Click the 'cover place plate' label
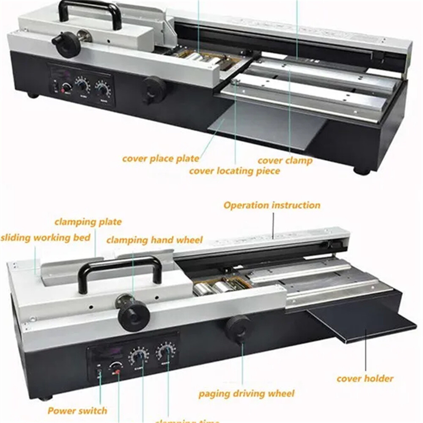pos(160,159)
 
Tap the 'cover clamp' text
pos(285,160)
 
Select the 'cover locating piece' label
pos(234,171)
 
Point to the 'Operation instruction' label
pos(272,206)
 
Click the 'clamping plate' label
pos(88,222)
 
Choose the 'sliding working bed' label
pos(46,237)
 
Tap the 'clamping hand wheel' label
pos(154,240)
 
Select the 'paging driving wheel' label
pos(247,393)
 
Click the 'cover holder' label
pos(365,378)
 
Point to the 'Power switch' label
pos(77,410)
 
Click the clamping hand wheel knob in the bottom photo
pos(134,315)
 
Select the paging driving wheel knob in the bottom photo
pos(237,329)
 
